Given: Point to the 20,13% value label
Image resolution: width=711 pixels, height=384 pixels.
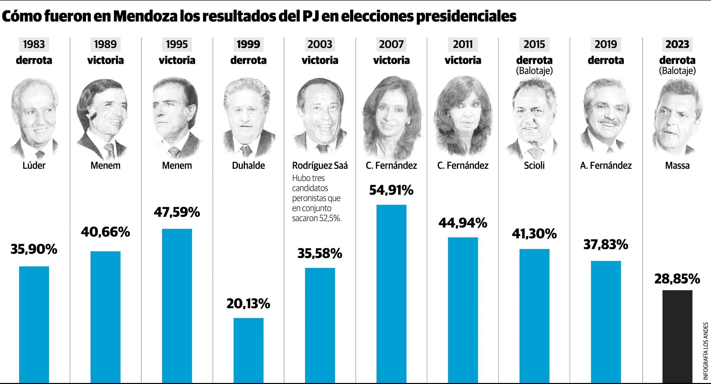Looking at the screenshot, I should [x=248, y=304].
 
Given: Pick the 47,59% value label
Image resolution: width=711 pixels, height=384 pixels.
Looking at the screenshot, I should [x=177, y=212].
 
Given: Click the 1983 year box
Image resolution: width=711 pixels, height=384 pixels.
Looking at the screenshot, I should [x=34, y=44].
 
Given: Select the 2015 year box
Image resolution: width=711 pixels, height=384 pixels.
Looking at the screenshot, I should [x=534, y=44].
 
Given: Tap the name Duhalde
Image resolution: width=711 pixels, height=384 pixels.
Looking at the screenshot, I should [x=248, y=166].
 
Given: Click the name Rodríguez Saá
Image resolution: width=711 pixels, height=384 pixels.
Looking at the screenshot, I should [x=320, y=166].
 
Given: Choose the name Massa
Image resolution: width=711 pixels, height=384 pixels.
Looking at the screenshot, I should [x=677, y=166].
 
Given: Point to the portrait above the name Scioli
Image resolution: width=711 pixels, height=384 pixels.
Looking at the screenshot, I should [x=534, y=119].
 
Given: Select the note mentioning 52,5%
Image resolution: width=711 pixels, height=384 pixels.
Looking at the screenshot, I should [x=316, y=198].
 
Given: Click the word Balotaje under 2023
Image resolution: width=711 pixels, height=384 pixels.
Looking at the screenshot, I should [x=677, y=71].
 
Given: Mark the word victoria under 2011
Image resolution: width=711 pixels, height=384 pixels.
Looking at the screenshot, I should [x=463, y=60].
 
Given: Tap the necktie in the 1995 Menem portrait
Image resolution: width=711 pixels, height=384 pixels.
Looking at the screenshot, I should [x=174, y=152].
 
